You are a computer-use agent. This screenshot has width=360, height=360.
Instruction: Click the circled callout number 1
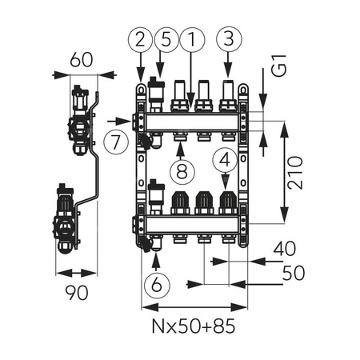click(192, 38)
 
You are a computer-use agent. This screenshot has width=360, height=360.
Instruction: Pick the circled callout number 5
click(166, 38)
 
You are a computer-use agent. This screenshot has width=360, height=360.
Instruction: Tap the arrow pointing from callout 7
click(118, 122)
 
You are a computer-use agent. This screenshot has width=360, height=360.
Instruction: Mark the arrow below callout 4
click(227, 184)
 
